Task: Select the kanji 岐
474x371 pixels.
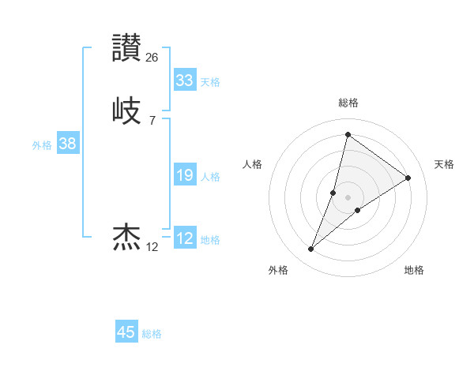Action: (x=127, y=110)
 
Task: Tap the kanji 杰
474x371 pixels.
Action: (x=127, y=236)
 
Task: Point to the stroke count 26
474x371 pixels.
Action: (x=152, y=57)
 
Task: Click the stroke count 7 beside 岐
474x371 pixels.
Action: (x=152, y=120)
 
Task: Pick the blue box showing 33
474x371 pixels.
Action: (x=184, y=80)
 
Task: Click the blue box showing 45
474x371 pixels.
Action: (x=126, y=332)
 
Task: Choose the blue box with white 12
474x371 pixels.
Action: (x=184, y=238)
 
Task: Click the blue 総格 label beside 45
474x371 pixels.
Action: (x=152, y=334)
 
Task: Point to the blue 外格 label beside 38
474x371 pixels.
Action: (x=42, y=145)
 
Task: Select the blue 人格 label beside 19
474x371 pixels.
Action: (x=210, y=177)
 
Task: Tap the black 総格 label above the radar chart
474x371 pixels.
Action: (x=348, y=103)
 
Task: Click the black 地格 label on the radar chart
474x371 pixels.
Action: (x=414, y=270)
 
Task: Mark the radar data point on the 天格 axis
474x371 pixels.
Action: (x=408, y=178)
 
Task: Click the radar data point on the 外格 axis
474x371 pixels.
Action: (x=310, y=249)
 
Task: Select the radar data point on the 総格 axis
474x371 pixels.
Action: (x=348, y=134)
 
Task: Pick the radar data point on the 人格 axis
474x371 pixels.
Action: (x=333, y=192)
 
